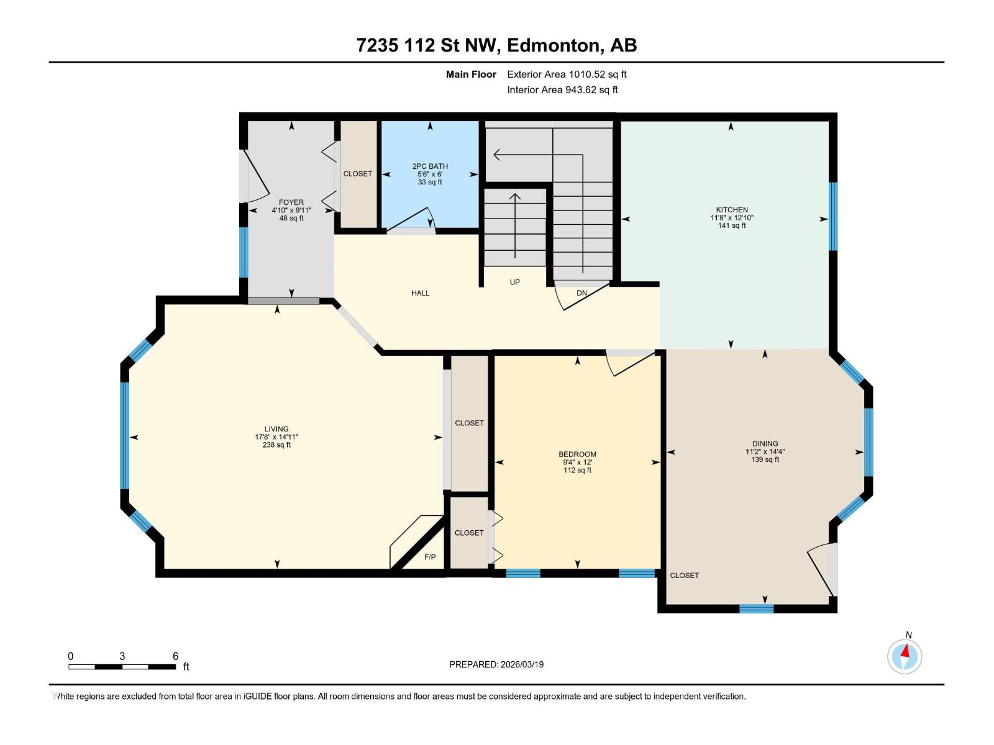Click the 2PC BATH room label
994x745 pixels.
point(430,166)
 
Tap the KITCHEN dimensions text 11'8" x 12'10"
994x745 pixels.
point(732,218)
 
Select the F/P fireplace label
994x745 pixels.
point(430,557)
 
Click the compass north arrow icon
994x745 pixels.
point(905,656)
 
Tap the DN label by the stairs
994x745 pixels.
point(581,293)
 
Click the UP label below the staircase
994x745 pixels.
point(514,282)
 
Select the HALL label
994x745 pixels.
point(420,293)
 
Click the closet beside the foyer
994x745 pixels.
point(358,174)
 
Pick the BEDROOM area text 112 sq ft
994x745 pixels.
point(577,471)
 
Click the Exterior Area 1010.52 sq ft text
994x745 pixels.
point(567,74)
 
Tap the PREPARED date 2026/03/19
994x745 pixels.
point(522,664)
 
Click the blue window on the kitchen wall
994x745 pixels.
point(833,216)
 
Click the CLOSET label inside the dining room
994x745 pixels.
point(684,576)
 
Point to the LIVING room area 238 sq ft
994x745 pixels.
point(276,445)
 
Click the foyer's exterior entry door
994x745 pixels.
point(254,176)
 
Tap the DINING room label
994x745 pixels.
point(765,444)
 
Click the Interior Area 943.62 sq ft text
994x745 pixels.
point(562,90)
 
